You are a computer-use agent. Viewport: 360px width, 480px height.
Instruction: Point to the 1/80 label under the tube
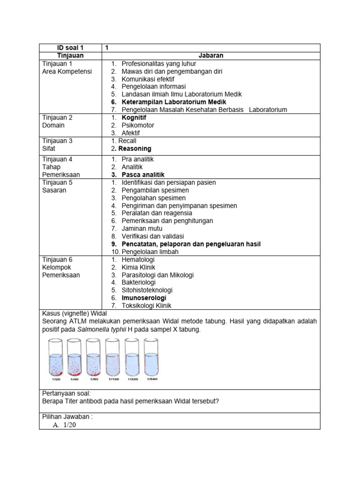point(94,379)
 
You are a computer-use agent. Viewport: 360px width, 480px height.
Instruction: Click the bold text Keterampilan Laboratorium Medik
point(173,102)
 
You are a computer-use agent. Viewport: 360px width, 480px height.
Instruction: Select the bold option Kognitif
point(135,118)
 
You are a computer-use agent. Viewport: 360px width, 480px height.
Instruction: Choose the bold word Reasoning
point(135,149)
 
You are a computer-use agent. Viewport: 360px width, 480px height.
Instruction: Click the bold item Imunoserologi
point(143,298)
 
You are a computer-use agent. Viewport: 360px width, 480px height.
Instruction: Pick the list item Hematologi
point(138,259)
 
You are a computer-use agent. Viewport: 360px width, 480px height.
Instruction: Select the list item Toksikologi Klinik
point(146,306)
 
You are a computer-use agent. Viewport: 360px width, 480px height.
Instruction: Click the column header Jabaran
point(211,56)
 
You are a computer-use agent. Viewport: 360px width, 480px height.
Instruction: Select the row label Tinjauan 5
point(57,182)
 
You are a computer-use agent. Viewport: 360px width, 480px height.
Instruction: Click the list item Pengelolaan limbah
point(149,252)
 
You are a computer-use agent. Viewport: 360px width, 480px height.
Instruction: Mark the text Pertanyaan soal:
point(66,393)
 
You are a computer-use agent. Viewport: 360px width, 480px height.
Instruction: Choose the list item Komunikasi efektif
point(148,79)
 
